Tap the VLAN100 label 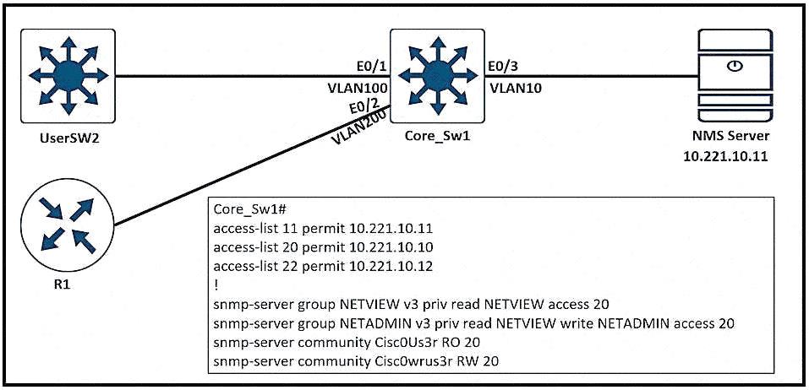(356, 87)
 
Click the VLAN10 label (511, 87)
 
